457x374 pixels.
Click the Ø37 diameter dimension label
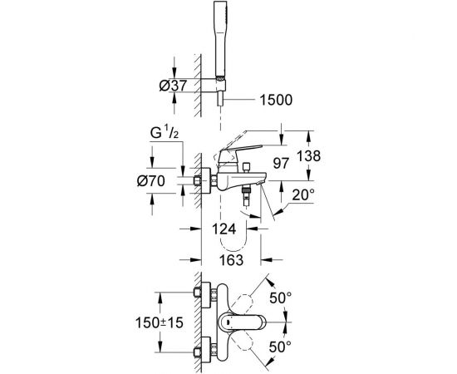[x=173, y=86]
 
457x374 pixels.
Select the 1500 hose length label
[x=276, y=100]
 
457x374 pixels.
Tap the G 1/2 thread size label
[x=164, y=133]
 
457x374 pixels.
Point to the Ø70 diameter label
[x=151, y=181]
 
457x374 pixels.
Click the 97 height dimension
[x=281, y=163]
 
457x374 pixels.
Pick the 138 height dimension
[x=308, y=156]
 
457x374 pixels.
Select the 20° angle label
[x=303, y=194]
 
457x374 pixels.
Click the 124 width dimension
[x=224, y=229]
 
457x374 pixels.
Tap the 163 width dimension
[x=231, y=260]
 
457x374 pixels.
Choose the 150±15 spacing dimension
[x=160, y=322]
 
